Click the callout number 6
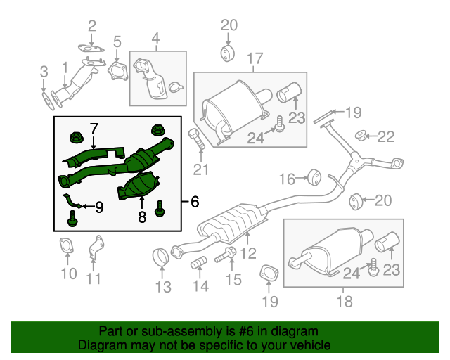click(x=193, y=202)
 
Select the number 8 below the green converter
click(x=141, y=218)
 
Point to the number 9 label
click(x=98, y=207)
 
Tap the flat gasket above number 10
click(x=67, y=247)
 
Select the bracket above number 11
click(x=94, y=249)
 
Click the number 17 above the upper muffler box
click(x=254, y=58)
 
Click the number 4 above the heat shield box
click(x=155, y=37)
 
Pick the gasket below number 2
click(x=89, y=49)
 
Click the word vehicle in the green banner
click(x=306, y=345)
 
